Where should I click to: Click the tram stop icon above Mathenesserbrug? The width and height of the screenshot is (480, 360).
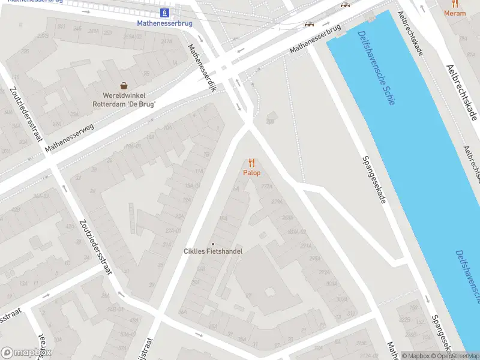tap(164, 13)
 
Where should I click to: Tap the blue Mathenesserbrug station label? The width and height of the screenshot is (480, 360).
tap(164, 23)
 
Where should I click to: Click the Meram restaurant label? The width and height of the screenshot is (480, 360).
tap(454, 13)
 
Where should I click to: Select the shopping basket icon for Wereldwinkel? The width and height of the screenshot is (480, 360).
tap(124, 86)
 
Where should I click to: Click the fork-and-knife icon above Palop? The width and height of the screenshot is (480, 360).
tap(252, 163)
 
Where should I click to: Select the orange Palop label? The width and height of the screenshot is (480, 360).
tap(252, 173)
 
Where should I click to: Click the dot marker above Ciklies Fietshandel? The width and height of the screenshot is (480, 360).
tap(212, 244)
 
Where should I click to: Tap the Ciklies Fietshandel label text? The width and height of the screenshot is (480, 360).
tap(212, 251)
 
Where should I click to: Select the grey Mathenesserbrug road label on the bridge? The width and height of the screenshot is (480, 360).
tap(316, 39)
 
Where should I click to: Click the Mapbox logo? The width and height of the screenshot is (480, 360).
tap(26, 353)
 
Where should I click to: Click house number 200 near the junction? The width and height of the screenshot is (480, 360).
tap(270, 122)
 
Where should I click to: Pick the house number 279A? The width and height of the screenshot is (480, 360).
tap(277, 202)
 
